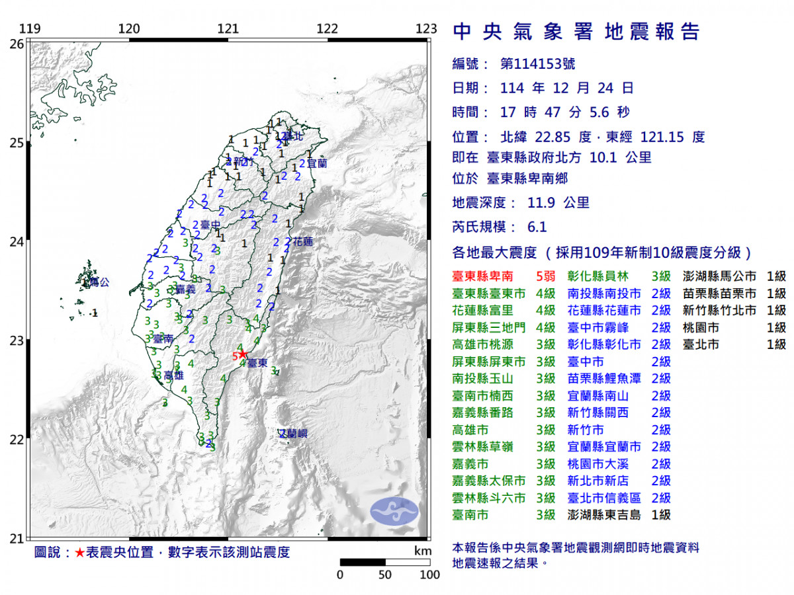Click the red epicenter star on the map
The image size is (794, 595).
pyautogui.click(x=243, y=354)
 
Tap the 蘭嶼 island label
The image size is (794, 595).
pyautogui.click(x=293, y=434)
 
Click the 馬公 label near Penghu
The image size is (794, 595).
pyautogui.click(x=97, y=282)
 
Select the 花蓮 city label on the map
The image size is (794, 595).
pyautogui.click(x=302, y=241)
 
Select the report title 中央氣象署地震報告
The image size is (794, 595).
pyautogui.click(x=575, y=32)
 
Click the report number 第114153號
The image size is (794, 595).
pyautogui.click(x=537, y=64)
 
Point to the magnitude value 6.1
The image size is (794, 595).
pyautogui.click(x=537, y=227)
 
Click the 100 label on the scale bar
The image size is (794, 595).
pyautogui.click(x=429, y=575)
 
